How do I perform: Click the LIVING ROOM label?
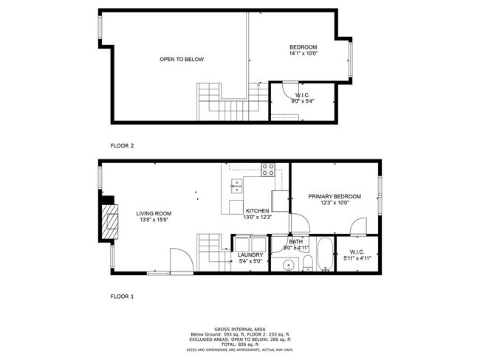coord(154,213)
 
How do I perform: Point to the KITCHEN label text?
coord(258,210)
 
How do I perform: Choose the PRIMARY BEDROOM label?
coord(335,196)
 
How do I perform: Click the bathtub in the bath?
coord(324,255)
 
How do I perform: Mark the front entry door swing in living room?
coord(180,260)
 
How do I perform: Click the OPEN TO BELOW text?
coord(182,59)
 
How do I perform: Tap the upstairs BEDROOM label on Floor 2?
coord(303,47)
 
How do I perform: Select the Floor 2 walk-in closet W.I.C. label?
coord(301,95)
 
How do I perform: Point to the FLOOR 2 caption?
coord(122,145)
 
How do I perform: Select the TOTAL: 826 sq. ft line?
coord(240,345)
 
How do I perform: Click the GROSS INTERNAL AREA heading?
coord(240,329)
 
